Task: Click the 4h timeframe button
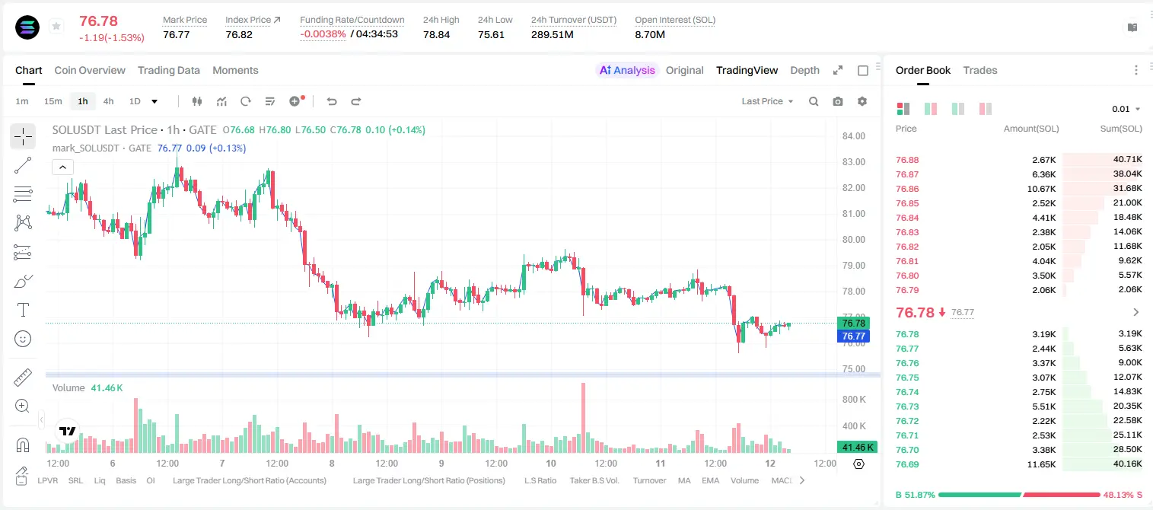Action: coord(108,101)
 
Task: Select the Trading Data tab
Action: coord(169,70)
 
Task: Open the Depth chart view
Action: coord(804,70)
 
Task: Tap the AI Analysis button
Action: coord(627,70)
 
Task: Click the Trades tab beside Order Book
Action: coord(980,70)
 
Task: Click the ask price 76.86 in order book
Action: coord(907,189)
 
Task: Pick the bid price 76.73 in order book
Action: coord(907,406)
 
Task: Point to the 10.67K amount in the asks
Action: coord(1041,189)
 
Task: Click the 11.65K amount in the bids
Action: coord(1041,464)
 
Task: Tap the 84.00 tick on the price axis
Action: coord(853,135)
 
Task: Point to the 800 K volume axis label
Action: coord(854,400)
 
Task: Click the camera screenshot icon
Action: coord(838,101)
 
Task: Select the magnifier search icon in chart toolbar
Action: coord(814,101)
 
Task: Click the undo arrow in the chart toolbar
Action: coord(332,101)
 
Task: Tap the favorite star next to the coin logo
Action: coord(56,26)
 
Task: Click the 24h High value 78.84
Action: coord(437,34)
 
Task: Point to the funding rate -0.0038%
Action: coord(323,34)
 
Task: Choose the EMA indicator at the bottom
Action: coord(710,480)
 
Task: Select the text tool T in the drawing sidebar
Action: coord(23,310)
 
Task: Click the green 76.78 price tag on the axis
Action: coord(853,324)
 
